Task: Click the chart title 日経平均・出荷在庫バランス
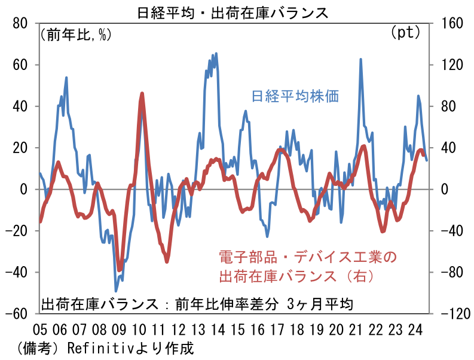(237, 10)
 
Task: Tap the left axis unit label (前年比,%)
(76, 34)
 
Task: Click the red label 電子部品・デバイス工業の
(305, 258)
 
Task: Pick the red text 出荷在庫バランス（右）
(297, 276)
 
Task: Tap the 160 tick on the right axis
(452, 23)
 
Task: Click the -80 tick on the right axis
(452, 272)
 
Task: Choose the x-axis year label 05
(40, 330)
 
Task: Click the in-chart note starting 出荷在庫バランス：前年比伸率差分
(197, 303)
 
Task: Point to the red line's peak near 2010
(142, 93)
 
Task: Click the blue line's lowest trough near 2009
(117, 291)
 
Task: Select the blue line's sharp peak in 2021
(360, 59)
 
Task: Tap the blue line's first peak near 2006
(66, 78)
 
